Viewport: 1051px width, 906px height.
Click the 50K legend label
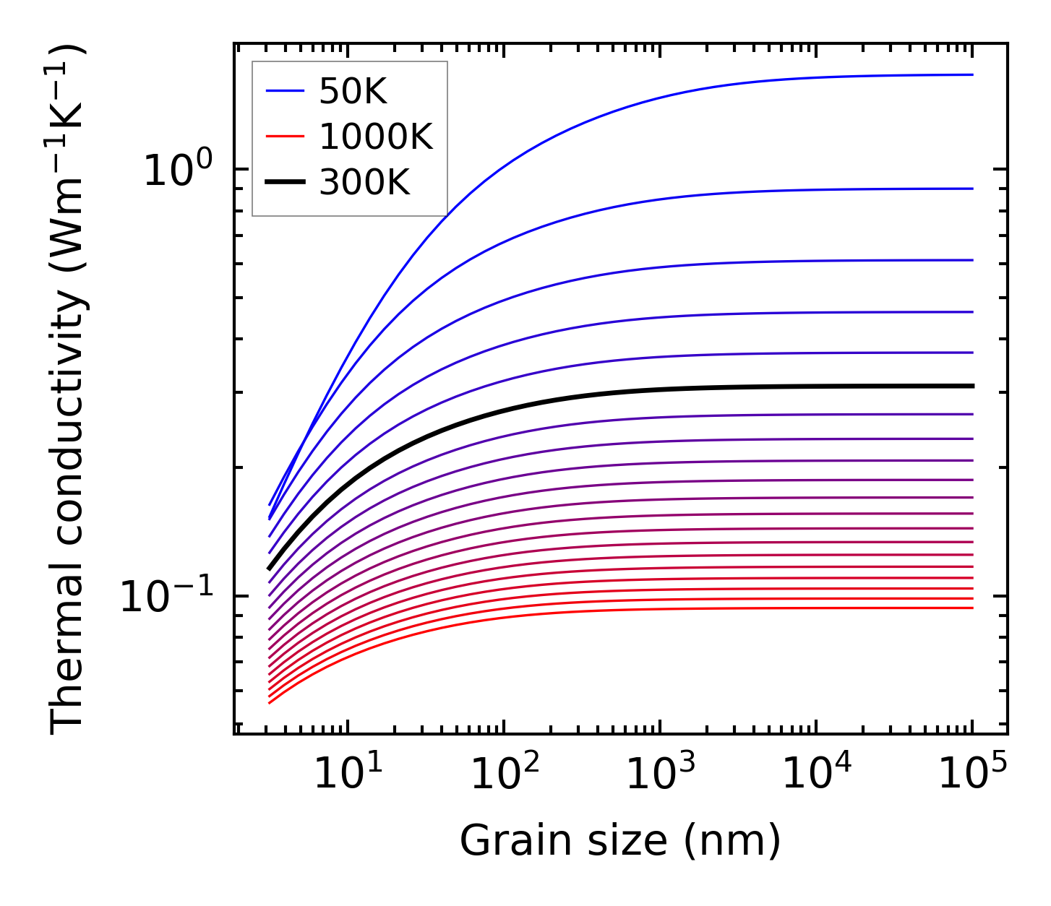click(353, 92)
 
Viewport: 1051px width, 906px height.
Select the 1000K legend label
click(376, 137)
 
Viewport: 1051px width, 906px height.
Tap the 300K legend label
click(364, 183)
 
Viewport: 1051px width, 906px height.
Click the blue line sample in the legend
click(285, 91)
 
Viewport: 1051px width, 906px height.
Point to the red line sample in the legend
click(285, 137)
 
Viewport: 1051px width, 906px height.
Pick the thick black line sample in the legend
click(285, 182)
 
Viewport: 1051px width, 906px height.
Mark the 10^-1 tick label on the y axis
click(167, 597)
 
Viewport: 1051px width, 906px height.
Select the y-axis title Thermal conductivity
click(69, 390)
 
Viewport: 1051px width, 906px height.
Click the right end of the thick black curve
click(972, 386)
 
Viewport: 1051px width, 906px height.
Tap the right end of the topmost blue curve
click(972, 74)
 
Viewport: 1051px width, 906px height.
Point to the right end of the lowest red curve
click(972, 608)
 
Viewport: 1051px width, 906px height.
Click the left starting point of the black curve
click(269, 569)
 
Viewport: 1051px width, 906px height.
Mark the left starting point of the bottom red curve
click(269, 702)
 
